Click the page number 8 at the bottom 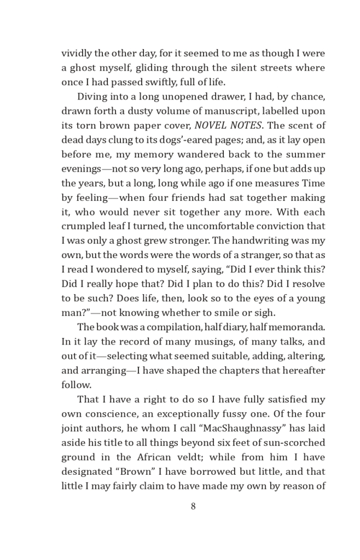point(193,506)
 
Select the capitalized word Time point(314,183)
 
